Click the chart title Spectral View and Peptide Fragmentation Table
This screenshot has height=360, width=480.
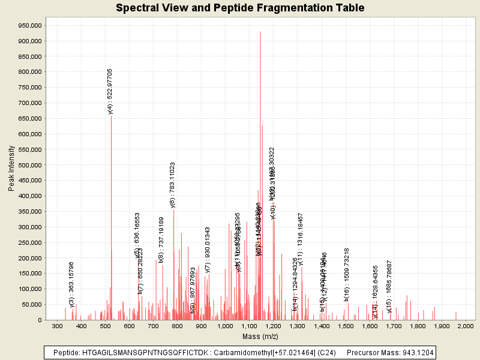coord(240,8)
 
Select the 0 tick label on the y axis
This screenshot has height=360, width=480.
coord(39,320)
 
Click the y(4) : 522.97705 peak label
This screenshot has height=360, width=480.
coord(110,91)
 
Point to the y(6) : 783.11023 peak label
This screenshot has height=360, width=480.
coord(173,185)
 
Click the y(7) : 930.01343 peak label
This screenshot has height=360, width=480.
coord(208,250)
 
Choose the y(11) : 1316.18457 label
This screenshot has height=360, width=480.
coord(301,239)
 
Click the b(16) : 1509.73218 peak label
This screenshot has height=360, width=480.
coord(347,274)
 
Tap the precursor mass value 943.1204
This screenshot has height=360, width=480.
coord(415,352)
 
